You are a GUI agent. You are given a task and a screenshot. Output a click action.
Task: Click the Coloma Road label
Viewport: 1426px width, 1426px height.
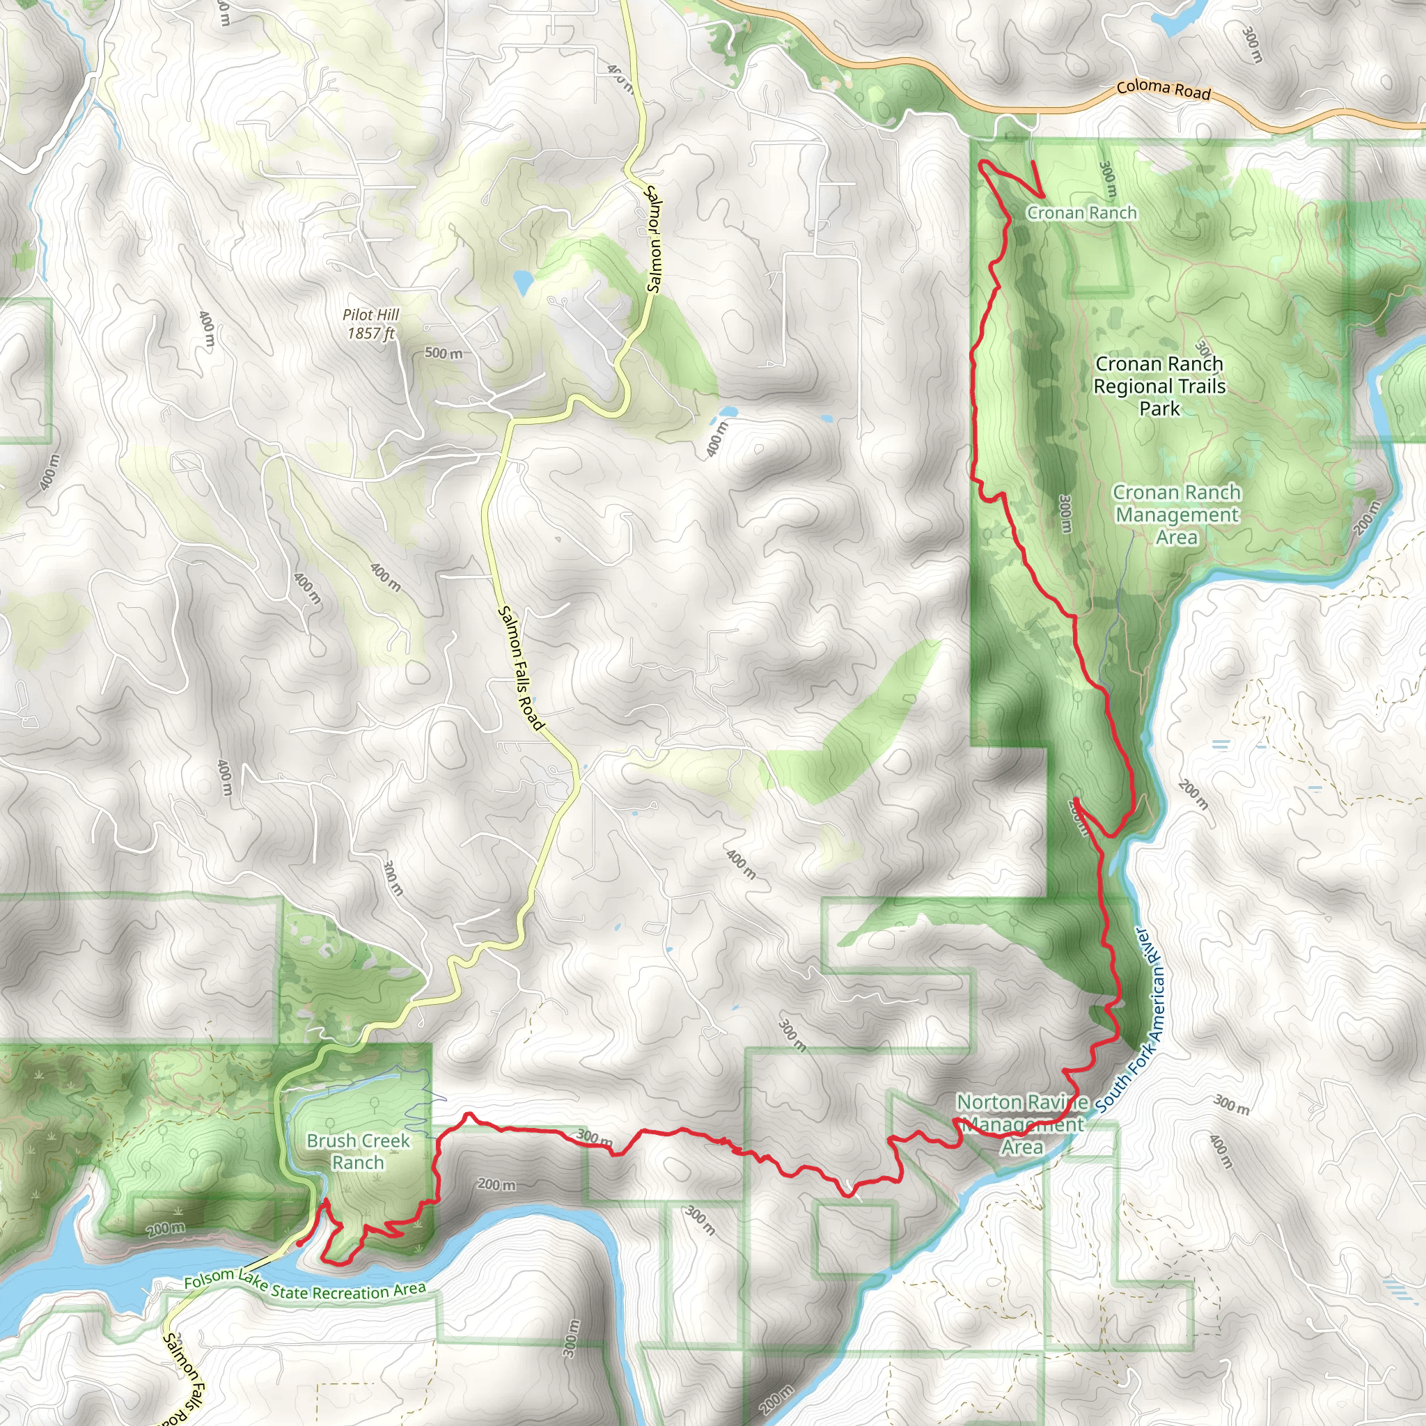click(1163, 90)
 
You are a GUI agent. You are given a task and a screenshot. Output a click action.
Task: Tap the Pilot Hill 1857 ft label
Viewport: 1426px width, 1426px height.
click(370, 324)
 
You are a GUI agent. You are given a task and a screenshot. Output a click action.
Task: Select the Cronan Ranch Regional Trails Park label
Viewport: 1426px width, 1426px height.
click(1159, 386)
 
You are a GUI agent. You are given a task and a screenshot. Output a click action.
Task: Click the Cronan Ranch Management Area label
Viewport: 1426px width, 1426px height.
click(1177, 515)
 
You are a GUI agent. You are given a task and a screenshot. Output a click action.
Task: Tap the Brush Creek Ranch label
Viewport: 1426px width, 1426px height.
click(357, 1152)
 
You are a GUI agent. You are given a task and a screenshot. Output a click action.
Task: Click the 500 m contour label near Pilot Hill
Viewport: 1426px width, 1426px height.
click(444, 354)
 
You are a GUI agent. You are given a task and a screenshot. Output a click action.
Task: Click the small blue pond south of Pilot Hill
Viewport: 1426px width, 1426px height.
click(523, 282)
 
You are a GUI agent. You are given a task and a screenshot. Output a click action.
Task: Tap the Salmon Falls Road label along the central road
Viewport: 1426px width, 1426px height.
click(521, 668)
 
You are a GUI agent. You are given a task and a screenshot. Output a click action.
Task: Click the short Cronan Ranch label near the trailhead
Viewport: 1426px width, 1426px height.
click(1081, 213)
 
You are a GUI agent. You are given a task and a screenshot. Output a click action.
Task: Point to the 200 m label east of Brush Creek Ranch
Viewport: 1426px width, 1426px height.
click(496, 1184)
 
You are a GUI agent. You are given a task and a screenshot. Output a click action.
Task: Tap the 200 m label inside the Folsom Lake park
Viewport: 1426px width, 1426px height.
click(165, 1229)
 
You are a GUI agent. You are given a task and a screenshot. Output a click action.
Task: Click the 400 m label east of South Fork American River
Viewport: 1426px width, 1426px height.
click(1221, 1152)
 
